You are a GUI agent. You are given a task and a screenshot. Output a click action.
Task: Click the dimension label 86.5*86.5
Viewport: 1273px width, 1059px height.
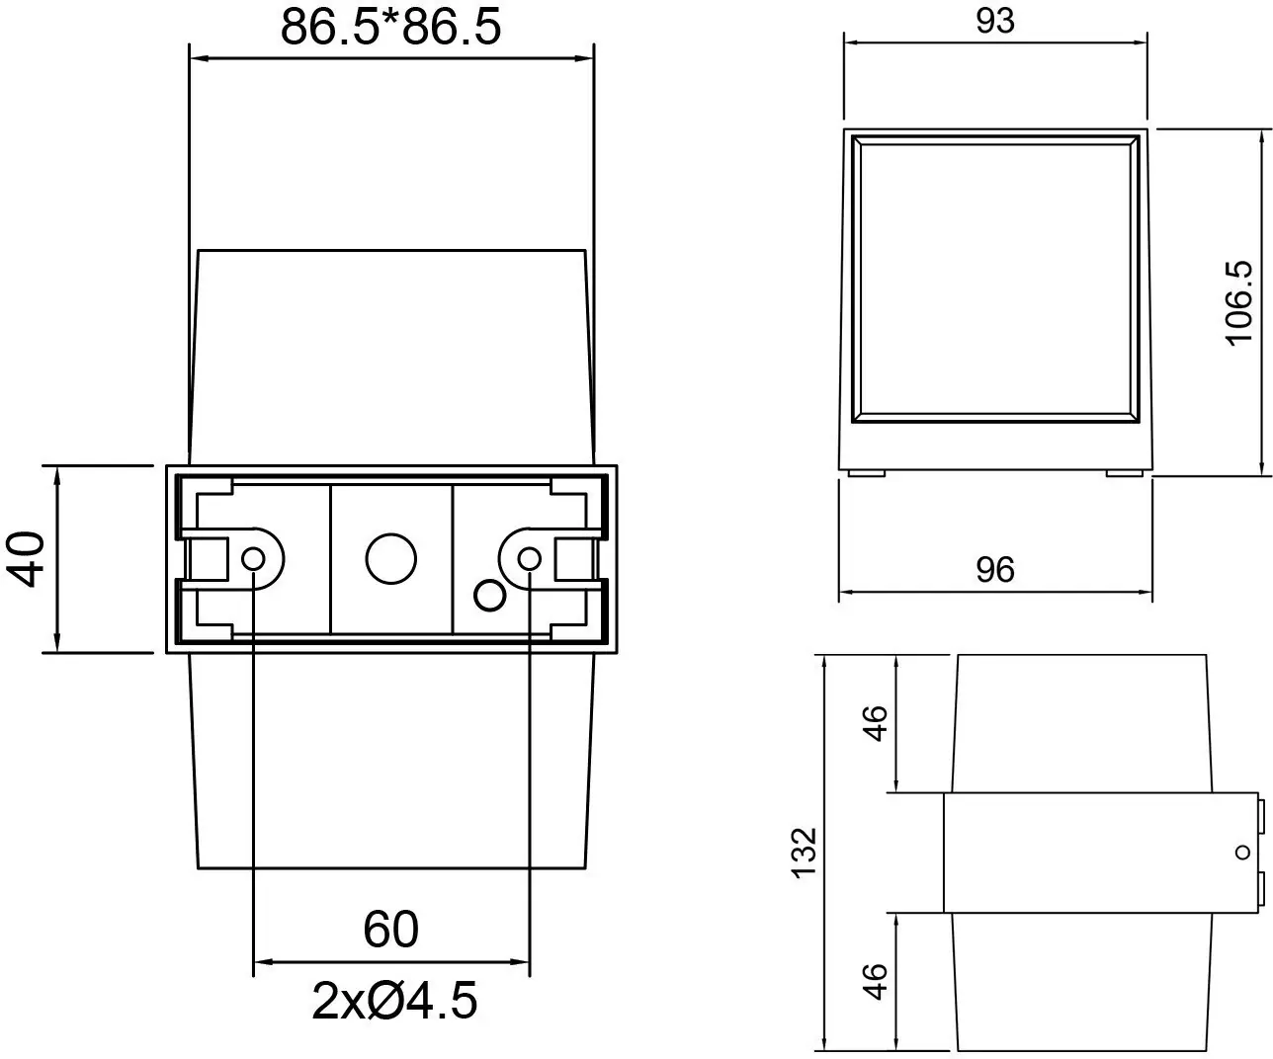(391, 27)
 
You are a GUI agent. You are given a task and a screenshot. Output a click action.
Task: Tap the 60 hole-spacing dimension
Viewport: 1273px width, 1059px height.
(391, 930)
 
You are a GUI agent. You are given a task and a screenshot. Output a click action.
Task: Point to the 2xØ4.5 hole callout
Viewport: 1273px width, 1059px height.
(394, 1002)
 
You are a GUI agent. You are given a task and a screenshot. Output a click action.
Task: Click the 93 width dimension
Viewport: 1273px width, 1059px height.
(994, 21)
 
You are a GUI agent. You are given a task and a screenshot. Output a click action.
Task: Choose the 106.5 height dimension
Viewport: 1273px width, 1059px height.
(1239, 302)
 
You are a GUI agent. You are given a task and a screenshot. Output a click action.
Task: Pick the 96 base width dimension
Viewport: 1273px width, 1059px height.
(994, 570)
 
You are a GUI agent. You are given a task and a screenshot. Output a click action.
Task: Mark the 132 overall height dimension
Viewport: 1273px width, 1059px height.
(805, 852)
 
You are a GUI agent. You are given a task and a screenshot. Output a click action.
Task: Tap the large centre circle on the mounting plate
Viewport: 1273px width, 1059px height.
(390, 559)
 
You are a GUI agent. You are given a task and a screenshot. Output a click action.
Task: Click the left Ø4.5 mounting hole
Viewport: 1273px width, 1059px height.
(253, 559)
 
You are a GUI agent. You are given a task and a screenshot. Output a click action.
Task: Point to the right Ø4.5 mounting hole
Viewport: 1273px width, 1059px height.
(530, 559)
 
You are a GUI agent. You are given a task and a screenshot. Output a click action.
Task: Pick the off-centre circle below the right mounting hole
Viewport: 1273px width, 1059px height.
(489, 595)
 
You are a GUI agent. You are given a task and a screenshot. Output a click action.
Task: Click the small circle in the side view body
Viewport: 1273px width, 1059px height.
(1240, 852)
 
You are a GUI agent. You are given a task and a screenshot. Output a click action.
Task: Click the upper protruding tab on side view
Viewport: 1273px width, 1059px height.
(1262, 815)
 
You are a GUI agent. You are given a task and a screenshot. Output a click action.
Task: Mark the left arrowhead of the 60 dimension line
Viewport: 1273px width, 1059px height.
(263, 961)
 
